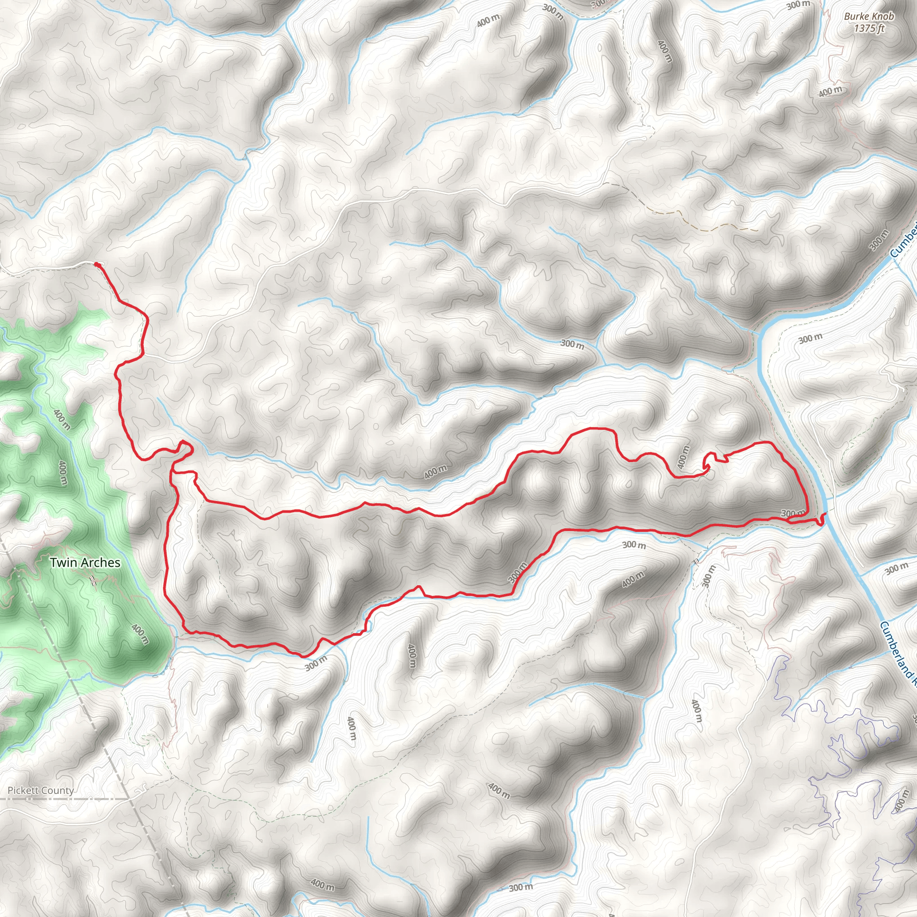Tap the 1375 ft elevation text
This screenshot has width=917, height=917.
coord(869,29)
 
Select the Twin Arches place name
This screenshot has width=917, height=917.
coord(86,562)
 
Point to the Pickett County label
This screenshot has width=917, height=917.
coord(41,790)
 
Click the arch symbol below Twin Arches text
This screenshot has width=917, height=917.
coord(93,580)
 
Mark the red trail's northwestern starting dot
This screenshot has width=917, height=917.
coord(97,264)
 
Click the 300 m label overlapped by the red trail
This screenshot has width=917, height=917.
coord(793,514)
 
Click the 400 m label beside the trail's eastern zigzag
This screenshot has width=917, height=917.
coord(683,458)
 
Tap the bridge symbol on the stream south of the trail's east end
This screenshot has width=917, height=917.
coord(696,561)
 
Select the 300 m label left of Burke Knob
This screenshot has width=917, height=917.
coord(798,6)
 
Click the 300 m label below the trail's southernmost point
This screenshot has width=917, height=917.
coord(316,663)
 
